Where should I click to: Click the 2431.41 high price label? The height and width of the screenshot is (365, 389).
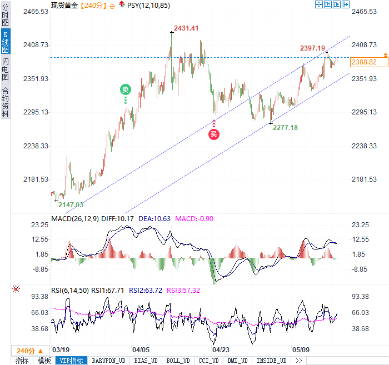point(186,28)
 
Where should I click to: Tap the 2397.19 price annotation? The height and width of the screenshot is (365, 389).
point(312,48)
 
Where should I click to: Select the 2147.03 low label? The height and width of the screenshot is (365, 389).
point(71,204)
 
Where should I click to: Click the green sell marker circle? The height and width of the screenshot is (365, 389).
point(126,89)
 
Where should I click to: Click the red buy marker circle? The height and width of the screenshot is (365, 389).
point(214,133)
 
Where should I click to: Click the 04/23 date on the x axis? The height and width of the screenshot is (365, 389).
point(221,350)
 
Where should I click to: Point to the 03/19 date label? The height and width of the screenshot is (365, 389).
point(60,350)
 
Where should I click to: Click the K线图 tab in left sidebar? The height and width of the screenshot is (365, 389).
point(6,42)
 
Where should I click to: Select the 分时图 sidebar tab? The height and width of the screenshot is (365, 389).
point(6,16)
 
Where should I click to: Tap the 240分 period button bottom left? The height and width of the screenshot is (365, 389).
point(27,351)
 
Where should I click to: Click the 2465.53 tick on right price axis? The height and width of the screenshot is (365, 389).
point(365,11)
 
